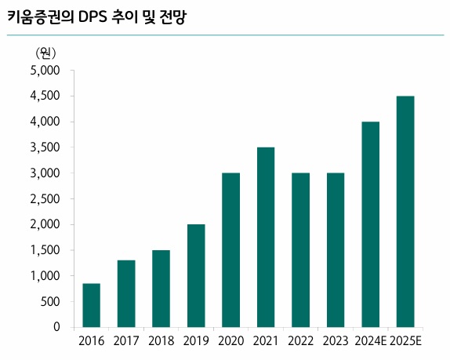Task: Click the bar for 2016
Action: pos(91,305)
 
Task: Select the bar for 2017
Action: pos(126,293)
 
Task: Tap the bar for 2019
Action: pos(196,275)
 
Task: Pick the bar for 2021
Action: pos(266,237)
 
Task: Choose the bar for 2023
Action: pos(336,249)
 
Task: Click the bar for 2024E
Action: pos(370,224)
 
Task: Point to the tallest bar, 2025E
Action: pos(405,211)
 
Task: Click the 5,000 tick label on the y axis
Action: pos(45,71)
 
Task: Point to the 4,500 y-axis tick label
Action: pos(45,96)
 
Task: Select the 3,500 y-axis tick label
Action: pos(45,147)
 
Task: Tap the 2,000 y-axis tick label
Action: pos(45,224)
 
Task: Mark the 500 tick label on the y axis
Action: pos(51,301)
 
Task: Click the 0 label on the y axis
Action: pos(57,327)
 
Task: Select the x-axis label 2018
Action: pos(161,341)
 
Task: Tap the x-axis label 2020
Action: pos(230,341)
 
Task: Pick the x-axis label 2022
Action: pos(300,341)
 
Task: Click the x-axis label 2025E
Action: pos(405,341)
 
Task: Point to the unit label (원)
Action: pos(45,53)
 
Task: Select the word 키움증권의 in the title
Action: pos(39,16)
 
